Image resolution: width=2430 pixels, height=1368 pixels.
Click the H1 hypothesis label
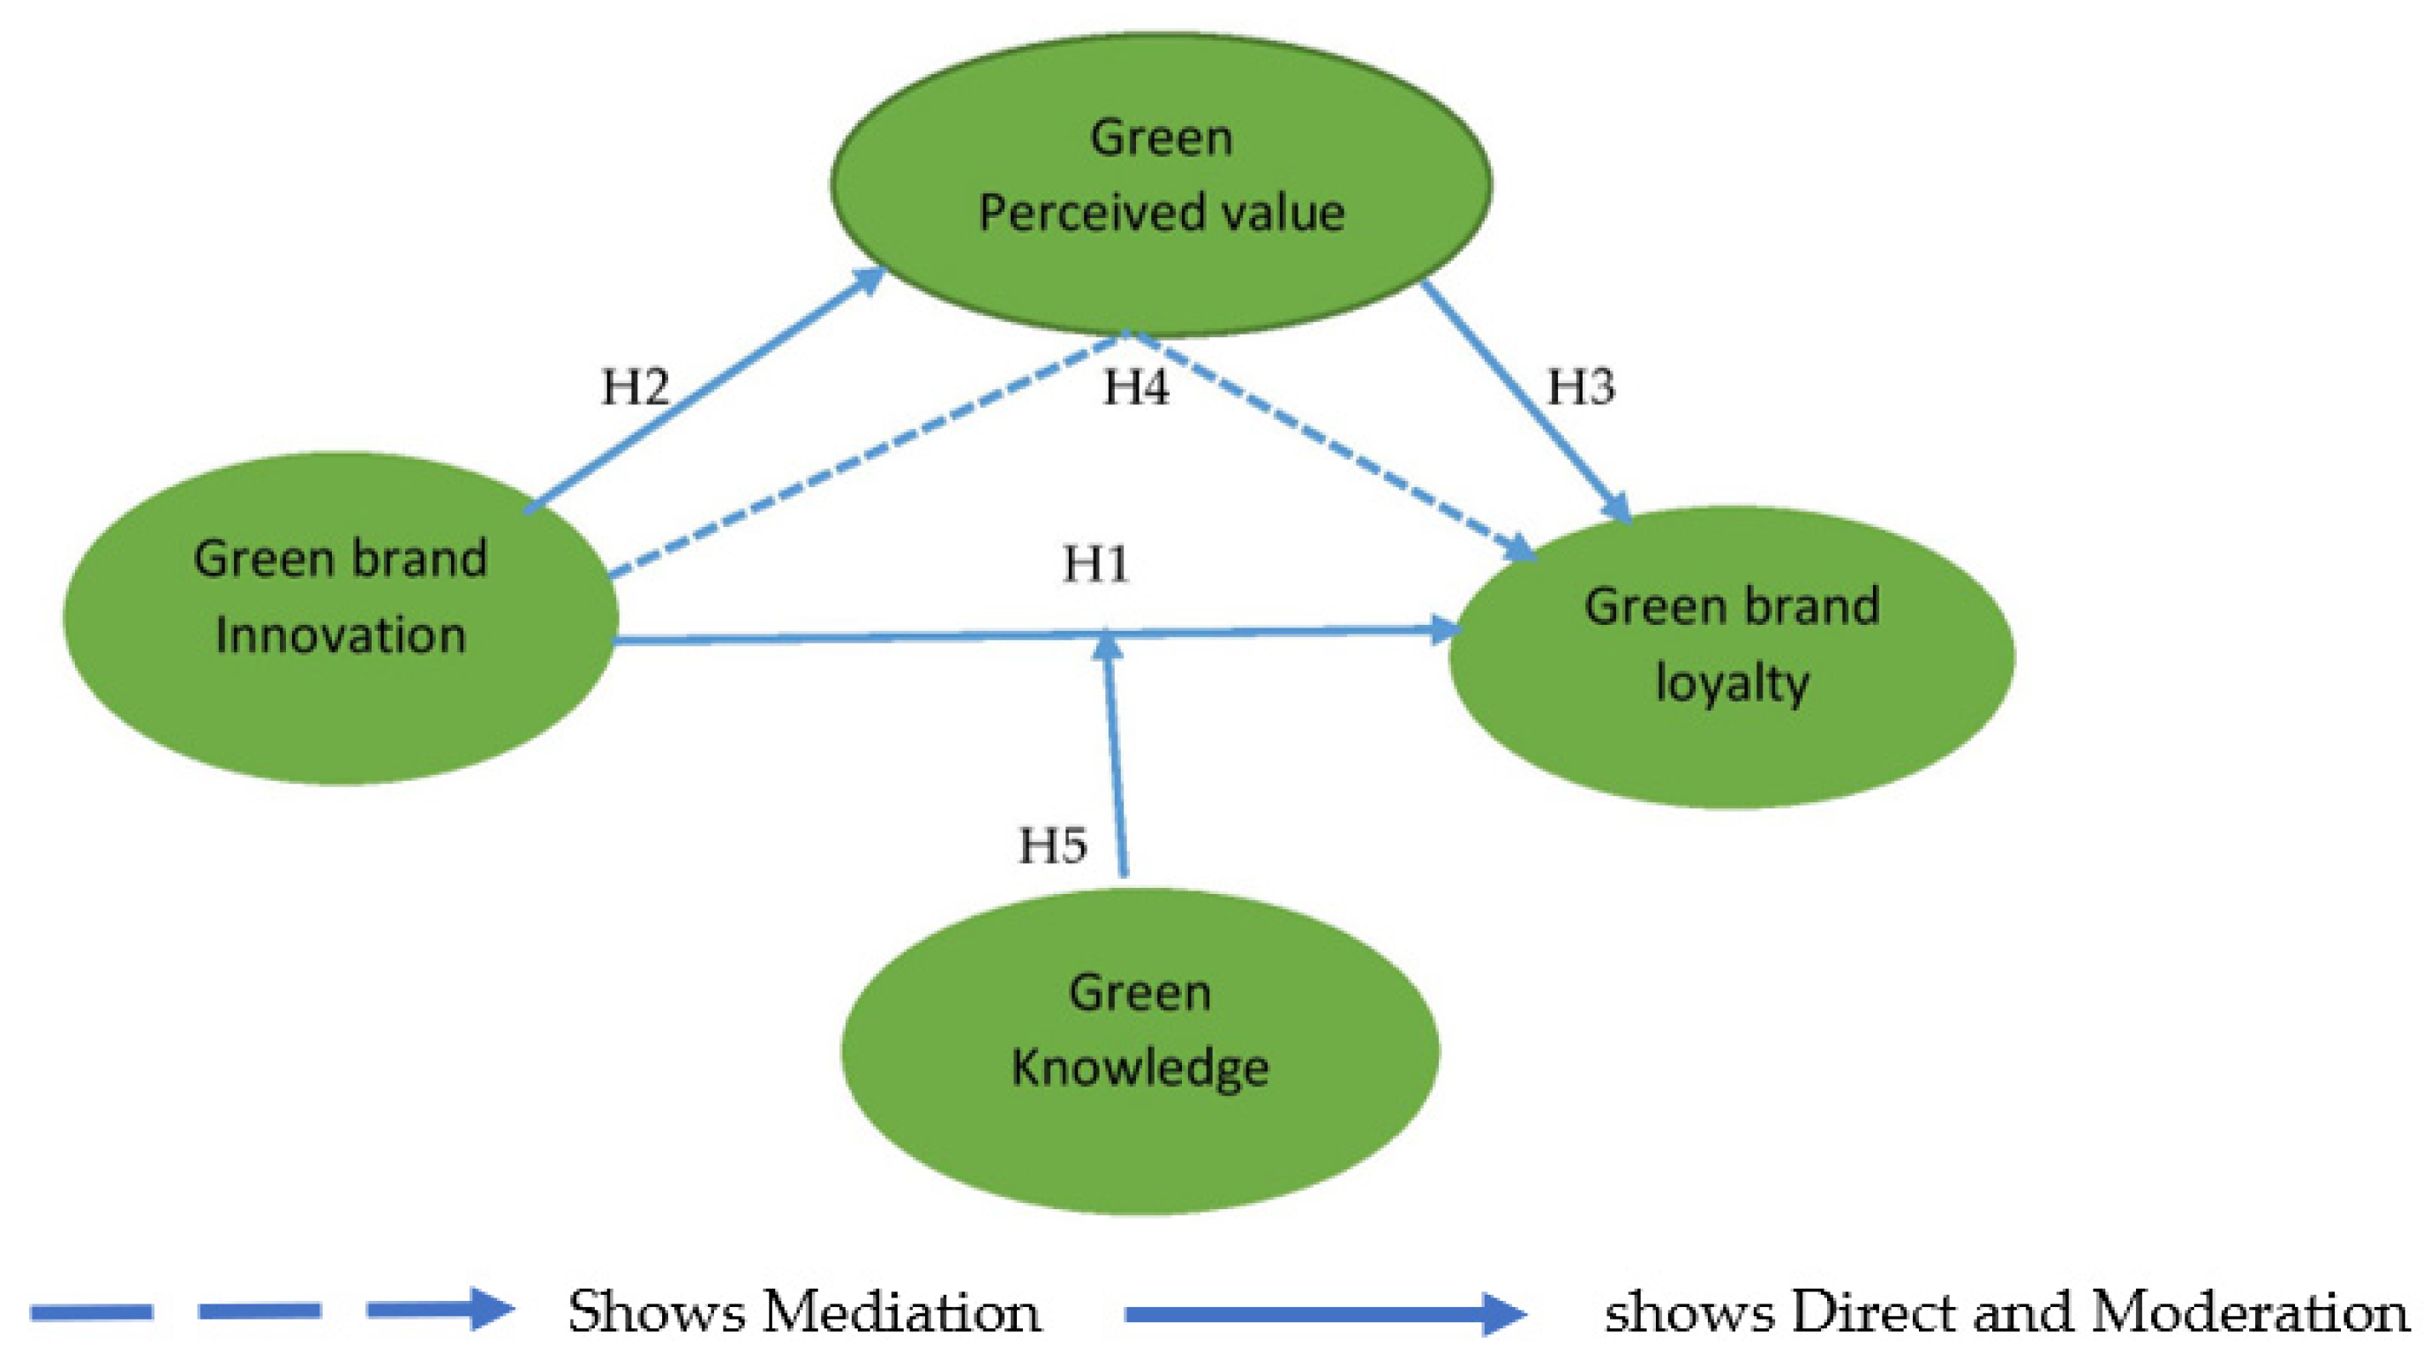(x=1095, y=564)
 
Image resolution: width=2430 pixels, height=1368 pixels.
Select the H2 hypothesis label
(x=635, y=387)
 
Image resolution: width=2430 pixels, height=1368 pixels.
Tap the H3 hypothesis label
(x=1581, y=387)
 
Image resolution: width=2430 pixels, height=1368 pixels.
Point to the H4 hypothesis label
(x=1136, y=387)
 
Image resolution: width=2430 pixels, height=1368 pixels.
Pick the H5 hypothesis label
(x=1053, y=845)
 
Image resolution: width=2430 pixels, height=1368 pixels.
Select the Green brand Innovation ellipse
(x=340, y=717)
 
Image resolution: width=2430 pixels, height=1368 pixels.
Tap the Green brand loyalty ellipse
(x=1731, y=745)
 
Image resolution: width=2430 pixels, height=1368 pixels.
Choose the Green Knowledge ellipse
(x=1140, y=1151)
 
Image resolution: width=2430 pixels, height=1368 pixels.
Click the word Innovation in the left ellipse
(x=341, y=635)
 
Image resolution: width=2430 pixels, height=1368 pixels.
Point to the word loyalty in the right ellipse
(x=1732, y=683)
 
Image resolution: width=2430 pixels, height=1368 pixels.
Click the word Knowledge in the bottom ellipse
(x=1140, y=1069)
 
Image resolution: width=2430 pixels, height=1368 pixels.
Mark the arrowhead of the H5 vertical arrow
(x=1109, y=645)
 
